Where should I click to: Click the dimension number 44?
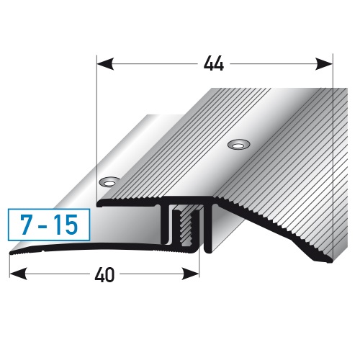click(x=214, y=63)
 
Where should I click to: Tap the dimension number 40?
click(x=105, y=275)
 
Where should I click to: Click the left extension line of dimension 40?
click(x=9, y=266)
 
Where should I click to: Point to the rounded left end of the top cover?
click(x=102, y=204)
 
